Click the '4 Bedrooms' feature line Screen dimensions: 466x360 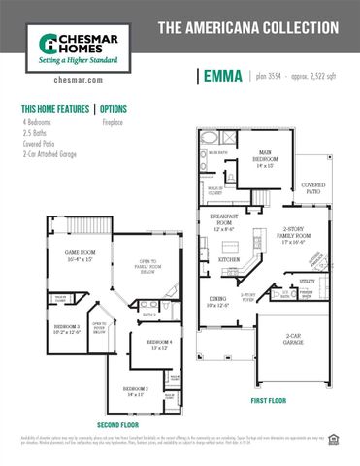[x=40, y=123]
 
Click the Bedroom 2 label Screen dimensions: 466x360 [x=135, y=391]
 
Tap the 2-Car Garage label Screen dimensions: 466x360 [x=294, y=340]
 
